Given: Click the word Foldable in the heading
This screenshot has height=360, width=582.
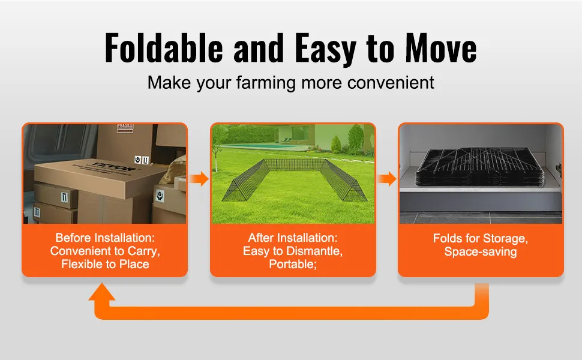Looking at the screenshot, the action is (164, 48).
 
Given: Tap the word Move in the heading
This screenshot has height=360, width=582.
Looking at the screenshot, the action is (440, 48).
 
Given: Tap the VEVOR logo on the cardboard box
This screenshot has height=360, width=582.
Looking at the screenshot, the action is (116, 167).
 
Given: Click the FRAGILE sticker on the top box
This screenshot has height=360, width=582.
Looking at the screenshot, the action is (125, 128).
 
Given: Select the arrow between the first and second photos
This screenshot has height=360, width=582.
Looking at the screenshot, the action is (199, 179).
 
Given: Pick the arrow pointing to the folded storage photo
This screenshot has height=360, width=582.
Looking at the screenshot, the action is (387, 179).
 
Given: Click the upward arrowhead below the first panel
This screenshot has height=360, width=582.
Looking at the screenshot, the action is (102, 292).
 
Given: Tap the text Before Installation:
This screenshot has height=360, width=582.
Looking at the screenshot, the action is (105, 238).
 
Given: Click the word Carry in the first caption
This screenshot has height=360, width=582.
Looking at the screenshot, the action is (143, 251).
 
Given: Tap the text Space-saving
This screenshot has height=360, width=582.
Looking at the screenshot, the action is (481, 251).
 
